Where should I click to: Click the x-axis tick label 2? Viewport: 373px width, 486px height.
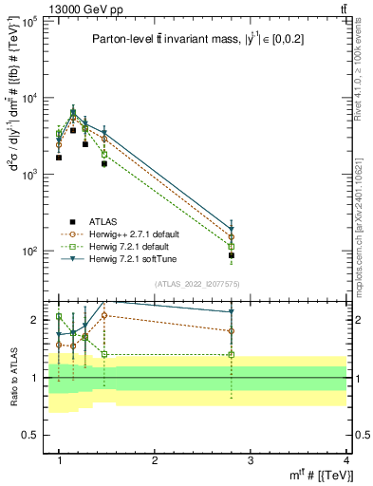tap(155, 459)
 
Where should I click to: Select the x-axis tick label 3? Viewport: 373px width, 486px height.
tap(251, 459)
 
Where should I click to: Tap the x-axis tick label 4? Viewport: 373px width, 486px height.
tap(346, 459)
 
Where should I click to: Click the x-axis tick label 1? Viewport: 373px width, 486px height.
tap(59, 459)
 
